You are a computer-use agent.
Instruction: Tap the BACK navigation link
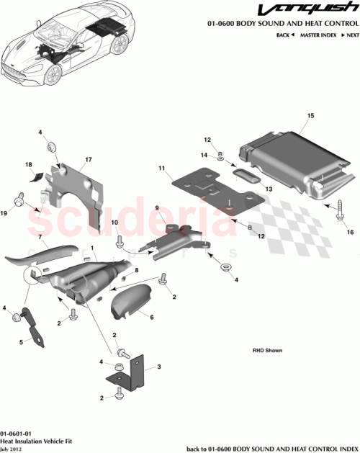[x=284, y=35]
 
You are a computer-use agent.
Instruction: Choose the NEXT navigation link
[x=350, y=35]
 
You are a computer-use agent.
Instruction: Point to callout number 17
[x=89, y=159]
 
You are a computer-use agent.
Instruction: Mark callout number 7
[x=41, y=236]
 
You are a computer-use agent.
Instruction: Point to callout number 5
[x=20, y=341]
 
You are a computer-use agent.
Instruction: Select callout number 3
[x=158, y=367]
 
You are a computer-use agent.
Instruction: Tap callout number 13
[x=271, y=189]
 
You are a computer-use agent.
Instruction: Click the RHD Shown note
[x=267, y=351]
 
